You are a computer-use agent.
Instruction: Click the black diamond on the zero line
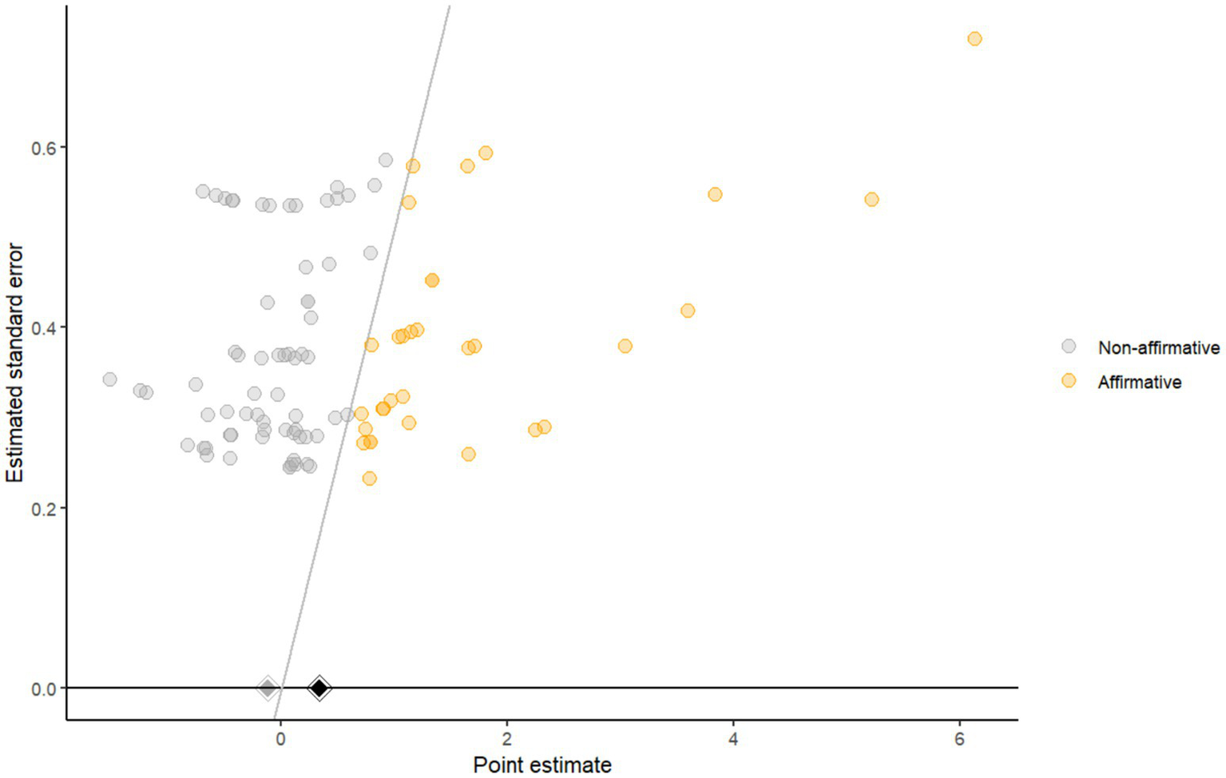[319, 688]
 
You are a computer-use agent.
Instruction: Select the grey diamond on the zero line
[268, 688]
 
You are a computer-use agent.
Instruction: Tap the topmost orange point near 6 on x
[974, 39]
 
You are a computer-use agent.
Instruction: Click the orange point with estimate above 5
[871, 200]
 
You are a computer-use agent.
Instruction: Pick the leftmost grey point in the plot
[110, 379]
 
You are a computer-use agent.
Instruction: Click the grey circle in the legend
[1069, 347]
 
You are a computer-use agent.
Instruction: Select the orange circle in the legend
[1069, 381]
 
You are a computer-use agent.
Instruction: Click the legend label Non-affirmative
[1158, 347]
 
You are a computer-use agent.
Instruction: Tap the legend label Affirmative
[1139, 382]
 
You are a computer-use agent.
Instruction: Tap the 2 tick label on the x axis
[507, 739]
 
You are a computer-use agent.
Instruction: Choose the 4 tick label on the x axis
[733, 739]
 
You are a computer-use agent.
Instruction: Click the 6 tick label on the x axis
[959, 739]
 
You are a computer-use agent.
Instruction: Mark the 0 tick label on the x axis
[280, 739]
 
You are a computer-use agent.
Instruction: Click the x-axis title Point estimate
[542, 764]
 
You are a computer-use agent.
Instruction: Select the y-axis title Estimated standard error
[14, 363]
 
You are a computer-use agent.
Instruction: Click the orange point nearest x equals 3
[625, 346]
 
